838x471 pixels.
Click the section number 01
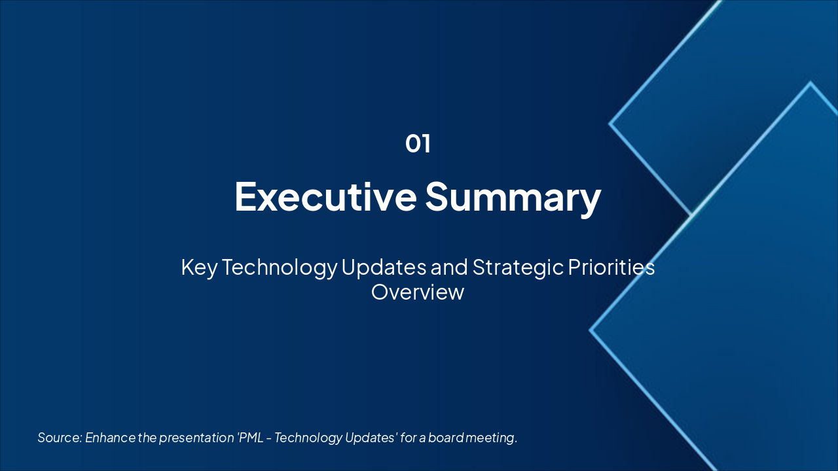click(x=418, y=144)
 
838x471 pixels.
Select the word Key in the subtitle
click(x=199, y=268)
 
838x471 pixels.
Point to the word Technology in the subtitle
click(x=280, y=268)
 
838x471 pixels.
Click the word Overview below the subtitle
click(x=418, y=292)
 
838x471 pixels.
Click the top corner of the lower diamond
click(x=811, y=83)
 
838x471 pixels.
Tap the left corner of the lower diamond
click(x=591, y=330)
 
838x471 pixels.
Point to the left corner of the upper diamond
click(x=610, y=123)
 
